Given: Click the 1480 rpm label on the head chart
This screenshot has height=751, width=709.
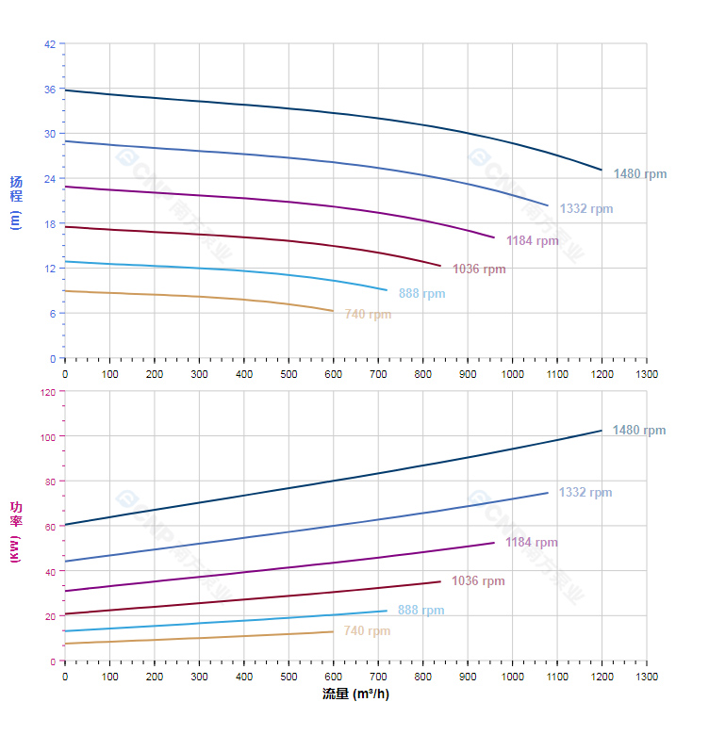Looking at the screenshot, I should [639, 174].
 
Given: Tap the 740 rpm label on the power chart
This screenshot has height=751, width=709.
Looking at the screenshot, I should [367, 631].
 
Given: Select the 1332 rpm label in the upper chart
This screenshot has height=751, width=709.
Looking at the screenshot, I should [585, 209].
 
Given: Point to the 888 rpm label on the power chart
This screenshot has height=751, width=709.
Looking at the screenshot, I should [420, 611].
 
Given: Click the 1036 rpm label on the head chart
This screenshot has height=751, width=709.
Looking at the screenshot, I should [479, 269].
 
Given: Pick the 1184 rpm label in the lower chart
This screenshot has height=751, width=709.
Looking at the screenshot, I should [531, 543].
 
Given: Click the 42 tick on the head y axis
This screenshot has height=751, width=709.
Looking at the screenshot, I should [50, 43].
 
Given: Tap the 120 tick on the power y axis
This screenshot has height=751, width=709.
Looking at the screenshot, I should [47, 391].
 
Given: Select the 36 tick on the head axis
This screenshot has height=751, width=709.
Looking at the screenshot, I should [50, 89].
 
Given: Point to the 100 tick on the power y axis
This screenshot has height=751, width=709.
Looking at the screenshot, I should [47, 436].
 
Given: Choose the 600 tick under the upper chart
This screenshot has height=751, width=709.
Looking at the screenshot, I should [333, 374].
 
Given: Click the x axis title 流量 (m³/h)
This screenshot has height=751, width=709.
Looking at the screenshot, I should [355, 694].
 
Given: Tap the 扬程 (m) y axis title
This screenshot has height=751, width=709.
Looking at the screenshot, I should [15, 202].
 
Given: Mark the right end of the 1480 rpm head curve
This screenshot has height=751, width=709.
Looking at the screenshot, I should [602, 170].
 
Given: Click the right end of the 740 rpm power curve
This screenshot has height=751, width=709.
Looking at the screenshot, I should [333, 631].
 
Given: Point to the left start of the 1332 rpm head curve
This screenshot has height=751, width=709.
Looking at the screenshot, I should [65, 141].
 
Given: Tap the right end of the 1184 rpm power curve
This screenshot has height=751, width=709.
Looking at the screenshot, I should [494, 542].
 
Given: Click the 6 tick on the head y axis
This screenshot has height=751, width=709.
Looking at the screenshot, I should [53, 313].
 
